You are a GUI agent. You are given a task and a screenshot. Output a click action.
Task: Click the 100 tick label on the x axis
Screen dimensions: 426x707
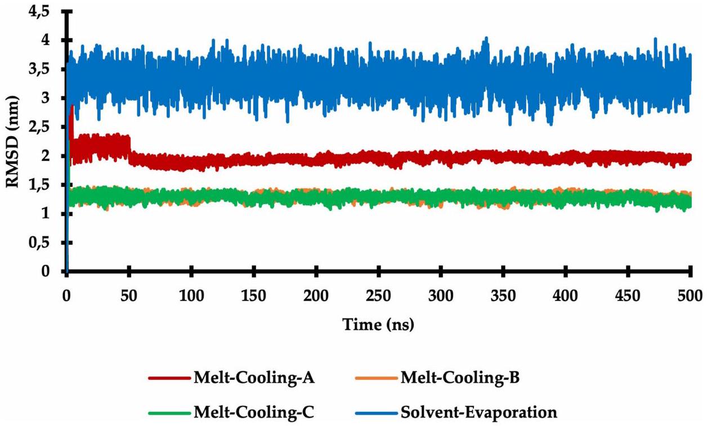(191, 295)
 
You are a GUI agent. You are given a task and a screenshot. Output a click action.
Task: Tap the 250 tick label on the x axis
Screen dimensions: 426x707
(378, 295)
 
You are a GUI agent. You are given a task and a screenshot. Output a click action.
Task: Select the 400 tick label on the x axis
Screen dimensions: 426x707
(565, 295)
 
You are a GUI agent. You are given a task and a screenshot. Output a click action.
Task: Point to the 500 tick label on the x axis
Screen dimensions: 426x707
(689, 295)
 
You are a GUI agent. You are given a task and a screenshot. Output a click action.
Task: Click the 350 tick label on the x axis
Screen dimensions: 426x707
(503, 295)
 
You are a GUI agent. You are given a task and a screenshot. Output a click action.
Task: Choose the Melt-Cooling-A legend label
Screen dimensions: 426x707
(253, 377)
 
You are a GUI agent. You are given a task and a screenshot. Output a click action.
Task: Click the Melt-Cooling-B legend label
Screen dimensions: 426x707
(459, 377)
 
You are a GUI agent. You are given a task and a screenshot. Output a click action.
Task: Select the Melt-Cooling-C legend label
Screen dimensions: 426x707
(253, 412)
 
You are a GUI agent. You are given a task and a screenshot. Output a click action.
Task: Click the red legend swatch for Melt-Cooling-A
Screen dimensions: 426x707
(168, 378)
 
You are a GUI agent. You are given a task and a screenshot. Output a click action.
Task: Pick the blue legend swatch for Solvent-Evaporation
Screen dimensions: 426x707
(375, 413)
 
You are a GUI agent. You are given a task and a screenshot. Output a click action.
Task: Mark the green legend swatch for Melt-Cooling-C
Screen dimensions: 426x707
(168, 413)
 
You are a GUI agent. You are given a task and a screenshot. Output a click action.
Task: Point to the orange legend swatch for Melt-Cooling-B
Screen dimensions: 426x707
(375, 378)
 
